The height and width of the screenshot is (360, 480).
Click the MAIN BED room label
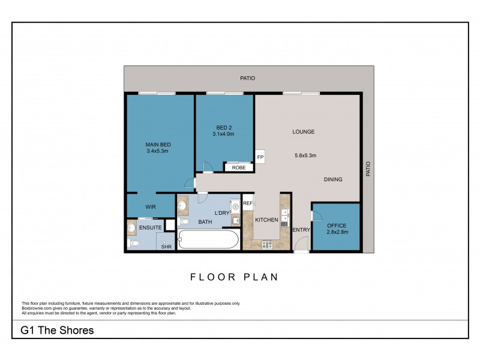[159, 144]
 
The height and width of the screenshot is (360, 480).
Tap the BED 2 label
[223, 127]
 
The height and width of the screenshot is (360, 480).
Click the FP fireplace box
[260, 157]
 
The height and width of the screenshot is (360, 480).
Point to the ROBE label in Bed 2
[239, 168]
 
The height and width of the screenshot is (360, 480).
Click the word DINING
[333, 179]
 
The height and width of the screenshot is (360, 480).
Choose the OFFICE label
[337, 225]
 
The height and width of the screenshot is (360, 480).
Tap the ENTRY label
[301, 230]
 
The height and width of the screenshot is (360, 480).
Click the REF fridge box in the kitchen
[247, 204]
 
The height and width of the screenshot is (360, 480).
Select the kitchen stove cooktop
[267, 244]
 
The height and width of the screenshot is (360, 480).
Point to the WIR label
[151, 207]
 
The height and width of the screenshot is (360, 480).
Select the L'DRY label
[223, 213]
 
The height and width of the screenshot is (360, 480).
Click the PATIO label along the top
[247, 78]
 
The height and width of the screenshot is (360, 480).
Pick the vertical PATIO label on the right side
[368, 168]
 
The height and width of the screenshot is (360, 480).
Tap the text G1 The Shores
[57, 330]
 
